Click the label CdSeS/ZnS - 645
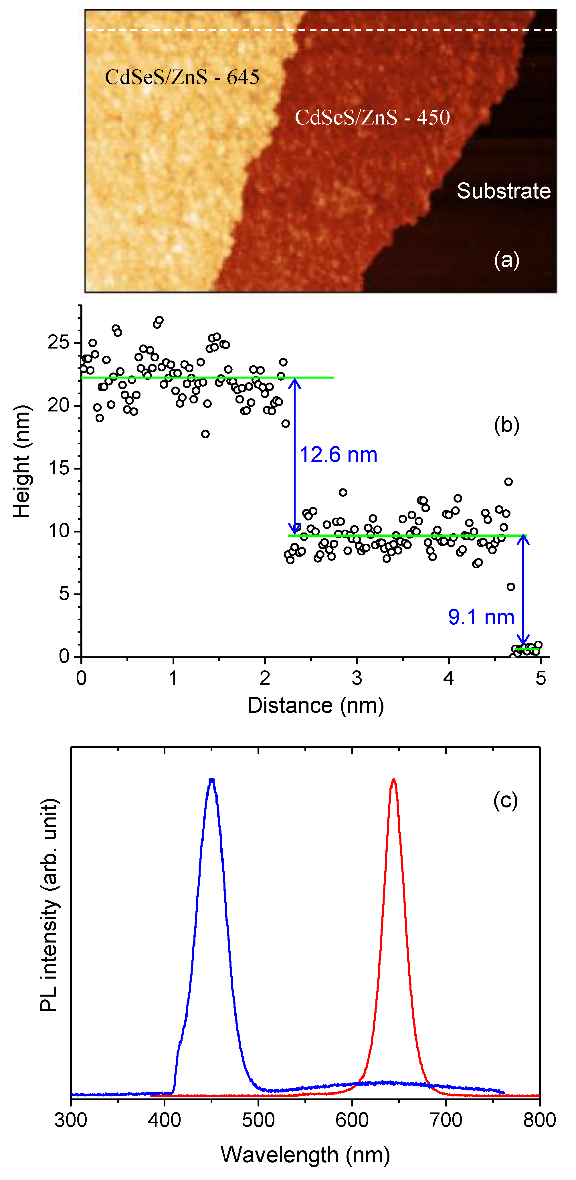(x=182, y=77)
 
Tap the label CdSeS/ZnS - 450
(x=372, y=117)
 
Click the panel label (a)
(x=506, y=260)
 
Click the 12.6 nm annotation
(x=338, y=455)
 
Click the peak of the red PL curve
(x=393, y=780)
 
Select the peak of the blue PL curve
(x=211, y=780)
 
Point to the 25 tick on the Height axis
(x=58, y=342)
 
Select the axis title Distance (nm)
(x=315, y=705)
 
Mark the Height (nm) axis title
(x=21, y=462)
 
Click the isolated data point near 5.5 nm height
(x=510, y=587)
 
